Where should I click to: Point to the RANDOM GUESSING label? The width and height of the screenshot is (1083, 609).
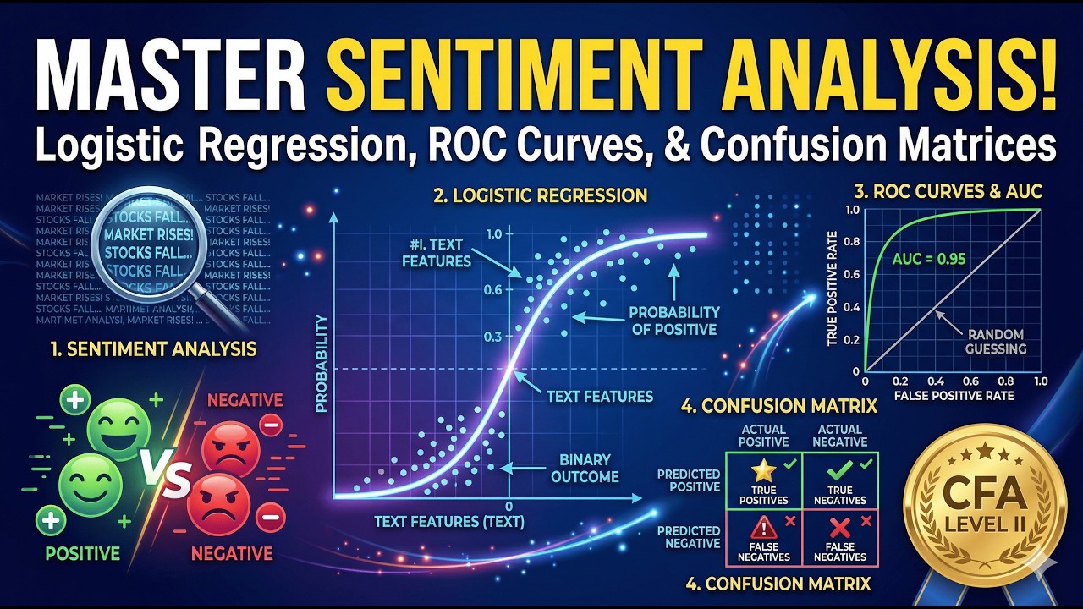(995, 341)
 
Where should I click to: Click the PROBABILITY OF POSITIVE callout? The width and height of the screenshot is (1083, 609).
(674, 321)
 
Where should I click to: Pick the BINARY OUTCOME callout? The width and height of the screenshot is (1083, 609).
(585, 468)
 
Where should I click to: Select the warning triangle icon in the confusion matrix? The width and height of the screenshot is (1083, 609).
(763, 527)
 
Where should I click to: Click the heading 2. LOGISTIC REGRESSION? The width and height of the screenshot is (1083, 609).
(540, 195)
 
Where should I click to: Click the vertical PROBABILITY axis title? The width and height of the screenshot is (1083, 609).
(321, 364)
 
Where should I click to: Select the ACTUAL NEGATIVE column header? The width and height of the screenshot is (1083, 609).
(839, 436)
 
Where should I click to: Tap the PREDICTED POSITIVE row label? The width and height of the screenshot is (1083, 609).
(689, 480)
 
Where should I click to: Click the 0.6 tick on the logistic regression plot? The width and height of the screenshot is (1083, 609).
(493, 289)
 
